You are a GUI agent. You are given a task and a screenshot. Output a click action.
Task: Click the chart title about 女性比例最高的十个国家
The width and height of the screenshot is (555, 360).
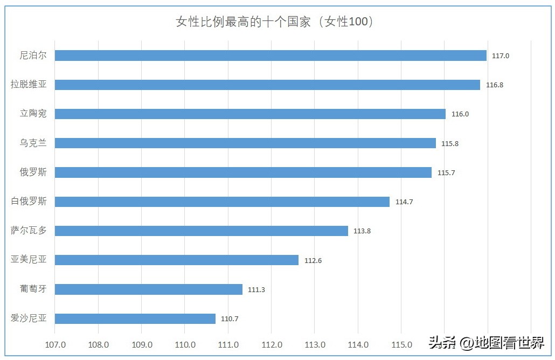tap(275, 22)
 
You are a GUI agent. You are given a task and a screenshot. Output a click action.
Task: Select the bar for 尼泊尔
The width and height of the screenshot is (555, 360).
tap(270, 56)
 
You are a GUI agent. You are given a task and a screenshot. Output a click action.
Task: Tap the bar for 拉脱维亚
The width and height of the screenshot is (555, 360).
tap(267, 85)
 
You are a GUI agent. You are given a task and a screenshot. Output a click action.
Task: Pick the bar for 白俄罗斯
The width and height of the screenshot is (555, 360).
tap(222, 202)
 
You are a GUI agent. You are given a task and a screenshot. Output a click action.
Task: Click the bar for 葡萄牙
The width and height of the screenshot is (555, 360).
tap(149, 289)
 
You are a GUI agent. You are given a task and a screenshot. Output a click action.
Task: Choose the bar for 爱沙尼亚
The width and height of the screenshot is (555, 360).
tap(135, 319)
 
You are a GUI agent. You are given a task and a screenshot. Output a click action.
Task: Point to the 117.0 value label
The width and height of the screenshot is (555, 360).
tap(501, 56)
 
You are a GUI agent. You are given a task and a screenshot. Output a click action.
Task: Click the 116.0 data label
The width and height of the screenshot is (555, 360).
tap(460, 114)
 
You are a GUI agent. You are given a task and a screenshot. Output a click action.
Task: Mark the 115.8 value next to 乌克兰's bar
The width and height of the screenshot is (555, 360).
tap(450, 143)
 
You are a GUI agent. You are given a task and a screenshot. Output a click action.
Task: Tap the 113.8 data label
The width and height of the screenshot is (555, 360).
tap(362, 231)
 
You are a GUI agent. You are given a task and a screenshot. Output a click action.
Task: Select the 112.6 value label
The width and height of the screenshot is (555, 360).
tap(313, 260)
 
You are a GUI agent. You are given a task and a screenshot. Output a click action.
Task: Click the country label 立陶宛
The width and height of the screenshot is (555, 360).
tap(33, 114)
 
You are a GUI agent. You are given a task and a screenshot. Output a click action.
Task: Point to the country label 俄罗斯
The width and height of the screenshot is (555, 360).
tap(33, 172)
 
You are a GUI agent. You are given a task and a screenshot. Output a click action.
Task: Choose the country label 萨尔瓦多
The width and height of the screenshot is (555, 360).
tap(29, 231)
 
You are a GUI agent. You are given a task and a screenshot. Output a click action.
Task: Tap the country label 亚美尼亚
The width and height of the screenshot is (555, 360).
tap(29, 260)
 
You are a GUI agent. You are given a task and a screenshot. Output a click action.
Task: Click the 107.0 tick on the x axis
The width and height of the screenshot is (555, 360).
tap(55, 345)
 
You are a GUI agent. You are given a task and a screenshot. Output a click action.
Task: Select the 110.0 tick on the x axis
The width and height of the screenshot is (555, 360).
tap(185, 345)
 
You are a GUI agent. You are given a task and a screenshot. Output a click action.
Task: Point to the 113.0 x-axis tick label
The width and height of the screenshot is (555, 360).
tap(315, 345)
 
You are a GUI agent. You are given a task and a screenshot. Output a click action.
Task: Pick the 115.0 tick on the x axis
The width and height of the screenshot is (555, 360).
tap(401, 345)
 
